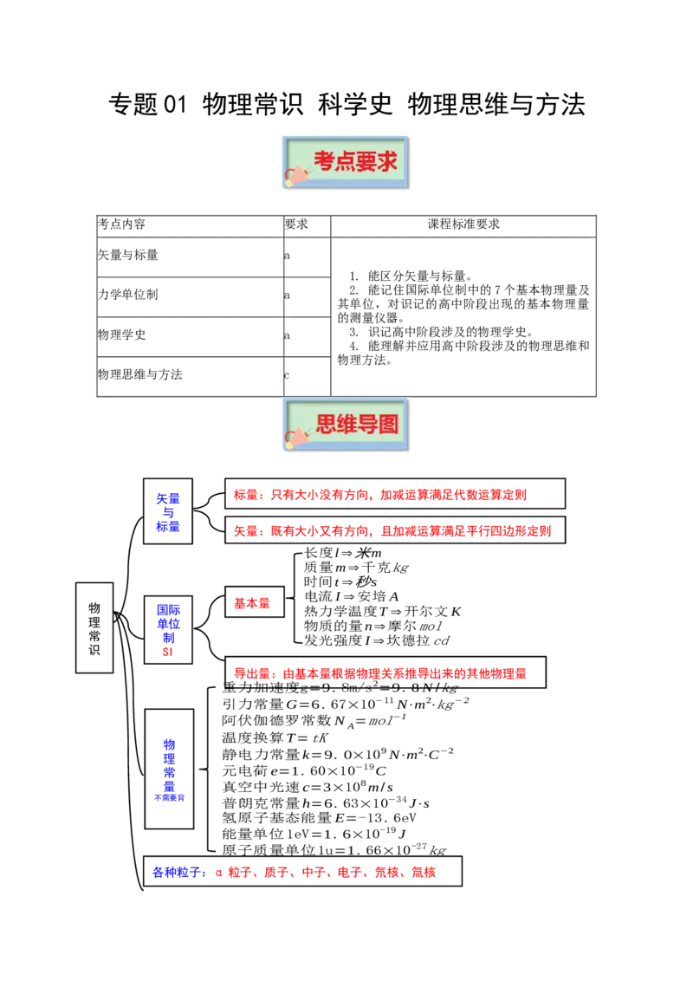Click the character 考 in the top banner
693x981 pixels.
click(324, 162)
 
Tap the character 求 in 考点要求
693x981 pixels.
click(387, 162)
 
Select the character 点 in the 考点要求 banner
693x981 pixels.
click(345, 162)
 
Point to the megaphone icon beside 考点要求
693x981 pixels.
click(297, 173)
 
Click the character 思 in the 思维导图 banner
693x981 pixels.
click(326, 425)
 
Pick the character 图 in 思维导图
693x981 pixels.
click(388, 425)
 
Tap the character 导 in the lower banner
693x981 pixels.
click(367, 425)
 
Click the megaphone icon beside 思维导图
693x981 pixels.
click(297, 436)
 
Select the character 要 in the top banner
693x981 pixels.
click(366, 162)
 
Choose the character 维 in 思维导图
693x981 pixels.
click(346, 425)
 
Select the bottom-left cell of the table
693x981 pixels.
click(189, 374)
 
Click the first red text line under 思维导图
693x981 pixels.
click(379, 496)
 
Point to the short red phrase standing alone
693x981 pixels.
click(250, 603)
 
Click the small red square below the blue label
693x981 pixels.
click(167, 652)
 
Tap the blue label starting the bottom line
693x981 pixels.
click(178, 873)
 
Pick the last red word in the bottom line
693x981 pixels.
click(424, 873)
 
